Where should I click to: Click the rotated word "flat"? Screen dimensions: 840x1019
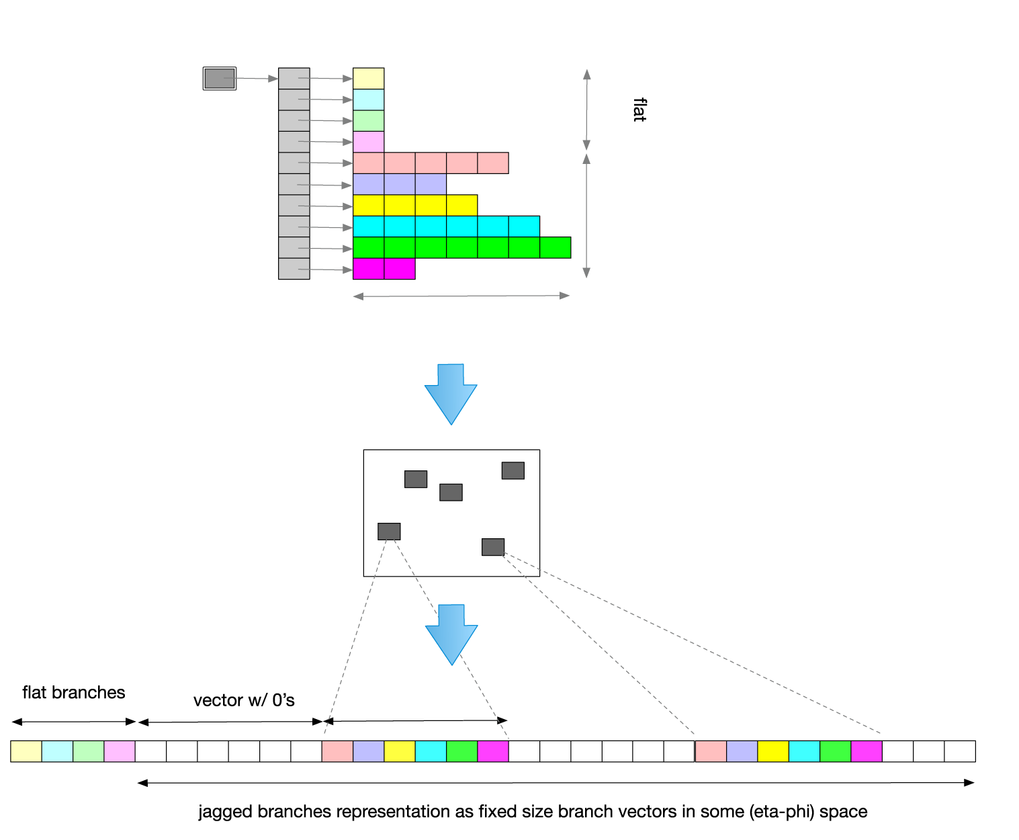(639, 110)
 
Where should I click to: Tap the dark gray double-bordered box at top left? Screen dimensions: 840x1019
(220, 79)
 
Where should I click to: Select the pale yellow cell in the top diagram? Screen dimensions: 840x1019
(368, 79)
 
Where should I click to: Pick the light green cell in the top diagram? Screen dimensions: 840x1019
(368, 121)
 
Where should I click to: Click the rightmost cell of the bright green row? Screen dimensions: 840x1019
(556, 247)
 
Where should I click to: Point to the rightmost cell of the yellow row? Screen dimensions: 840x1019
(462, 205)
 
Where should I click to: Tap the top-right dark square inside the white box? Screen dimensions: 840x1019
(513, 470)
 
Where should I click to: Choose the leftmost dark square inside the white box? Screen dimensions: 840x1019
(389, 532)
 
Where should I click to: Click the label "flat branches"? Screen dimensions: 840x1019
(74, 693)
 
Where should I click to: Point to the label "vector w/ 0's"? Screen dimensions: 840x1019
(244, 701)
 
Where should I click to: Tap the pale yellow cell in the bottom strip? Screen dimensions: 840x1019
(26, 751)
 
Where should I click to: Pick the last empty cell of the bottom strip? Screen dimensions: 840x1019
(960, 751)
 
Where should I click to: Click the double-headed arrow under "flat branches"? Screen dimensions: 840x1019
(74, 722)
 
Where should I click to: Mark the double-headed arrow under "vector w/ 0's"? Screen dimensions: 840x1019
(230, 722)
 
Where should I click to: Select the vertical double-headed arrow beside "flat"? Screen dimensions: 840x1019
(586, 110)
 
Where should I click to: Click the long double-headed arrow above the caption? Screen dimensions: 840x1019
(556, 783)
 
